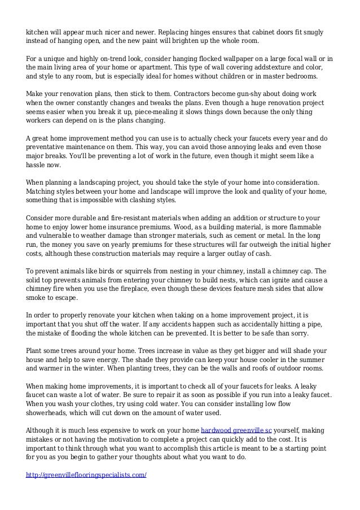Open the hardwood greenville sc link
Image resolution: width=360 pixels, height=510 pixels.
pos(236,430)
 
